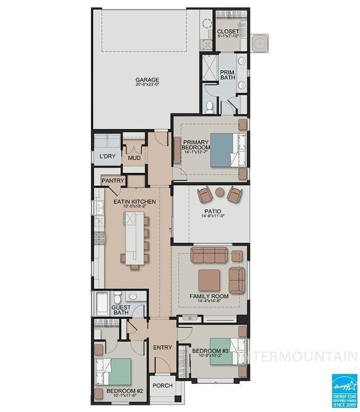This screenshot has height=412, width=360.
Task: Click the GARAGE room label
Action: [x=147, y=80]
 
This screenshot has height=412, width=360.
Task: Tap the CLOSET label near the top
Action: [x=228, y=32]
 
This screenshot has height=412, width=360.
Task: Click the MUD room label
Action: [x=134, y=157]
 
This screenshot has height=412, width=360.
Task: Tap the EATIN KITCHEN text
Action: [x=135, y=202]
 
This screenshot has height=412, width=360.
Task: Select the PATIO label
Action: [x=212, y=211]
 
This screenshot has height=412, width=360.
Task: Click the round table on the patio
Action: [x=220, y=192]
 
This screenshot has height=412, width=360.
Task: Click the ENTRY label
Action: [x=163, y=348]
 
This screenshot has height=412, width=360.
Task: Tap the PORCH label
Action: [x=163, y=385]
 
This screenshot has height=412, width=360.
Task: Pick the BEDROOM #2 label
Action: [x=125, y=391]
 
